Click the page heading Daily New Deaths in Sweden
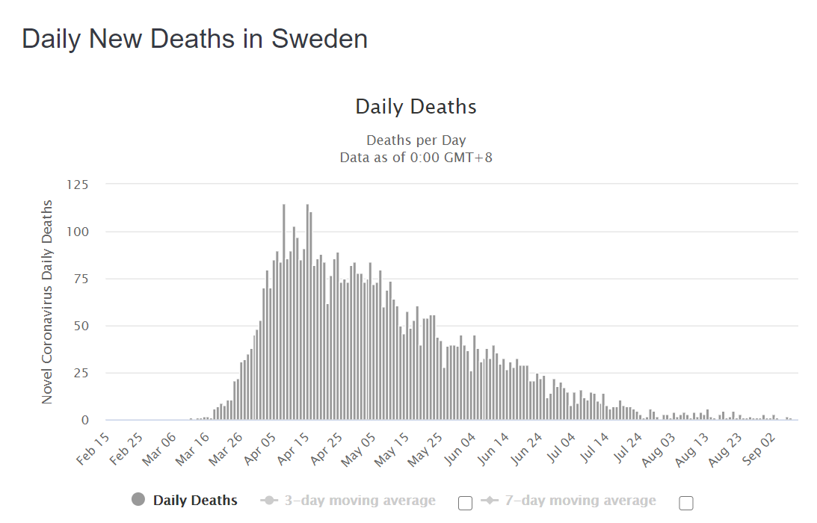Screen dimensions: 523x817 tap(194, 39)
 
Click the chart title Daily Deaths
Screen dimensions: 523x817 tap(416, 107)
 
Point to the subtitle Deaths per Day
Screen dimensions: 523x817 tap(416, 140)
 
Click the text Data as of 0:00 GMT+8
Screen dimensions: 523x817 tap(416, 158)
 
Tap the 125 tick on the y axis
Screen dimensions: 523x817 tap(78, 185)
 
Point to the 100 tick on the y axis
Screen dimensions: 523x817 tap(78, 232)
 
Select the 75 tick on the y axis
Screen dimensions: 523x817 tap(81, 279)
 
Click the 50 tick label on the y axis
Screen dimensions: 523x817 tap(81, 326)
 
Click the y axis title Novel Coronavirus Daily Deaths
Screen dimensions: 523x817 tap(47, 302)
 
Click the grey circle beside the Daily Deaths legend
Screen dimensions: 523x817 tap(138, 501)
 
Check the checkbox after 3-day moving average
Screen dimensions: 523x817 tap(465, 503)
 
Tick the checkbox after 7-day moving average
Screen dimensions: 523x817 tap(685, 503)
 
